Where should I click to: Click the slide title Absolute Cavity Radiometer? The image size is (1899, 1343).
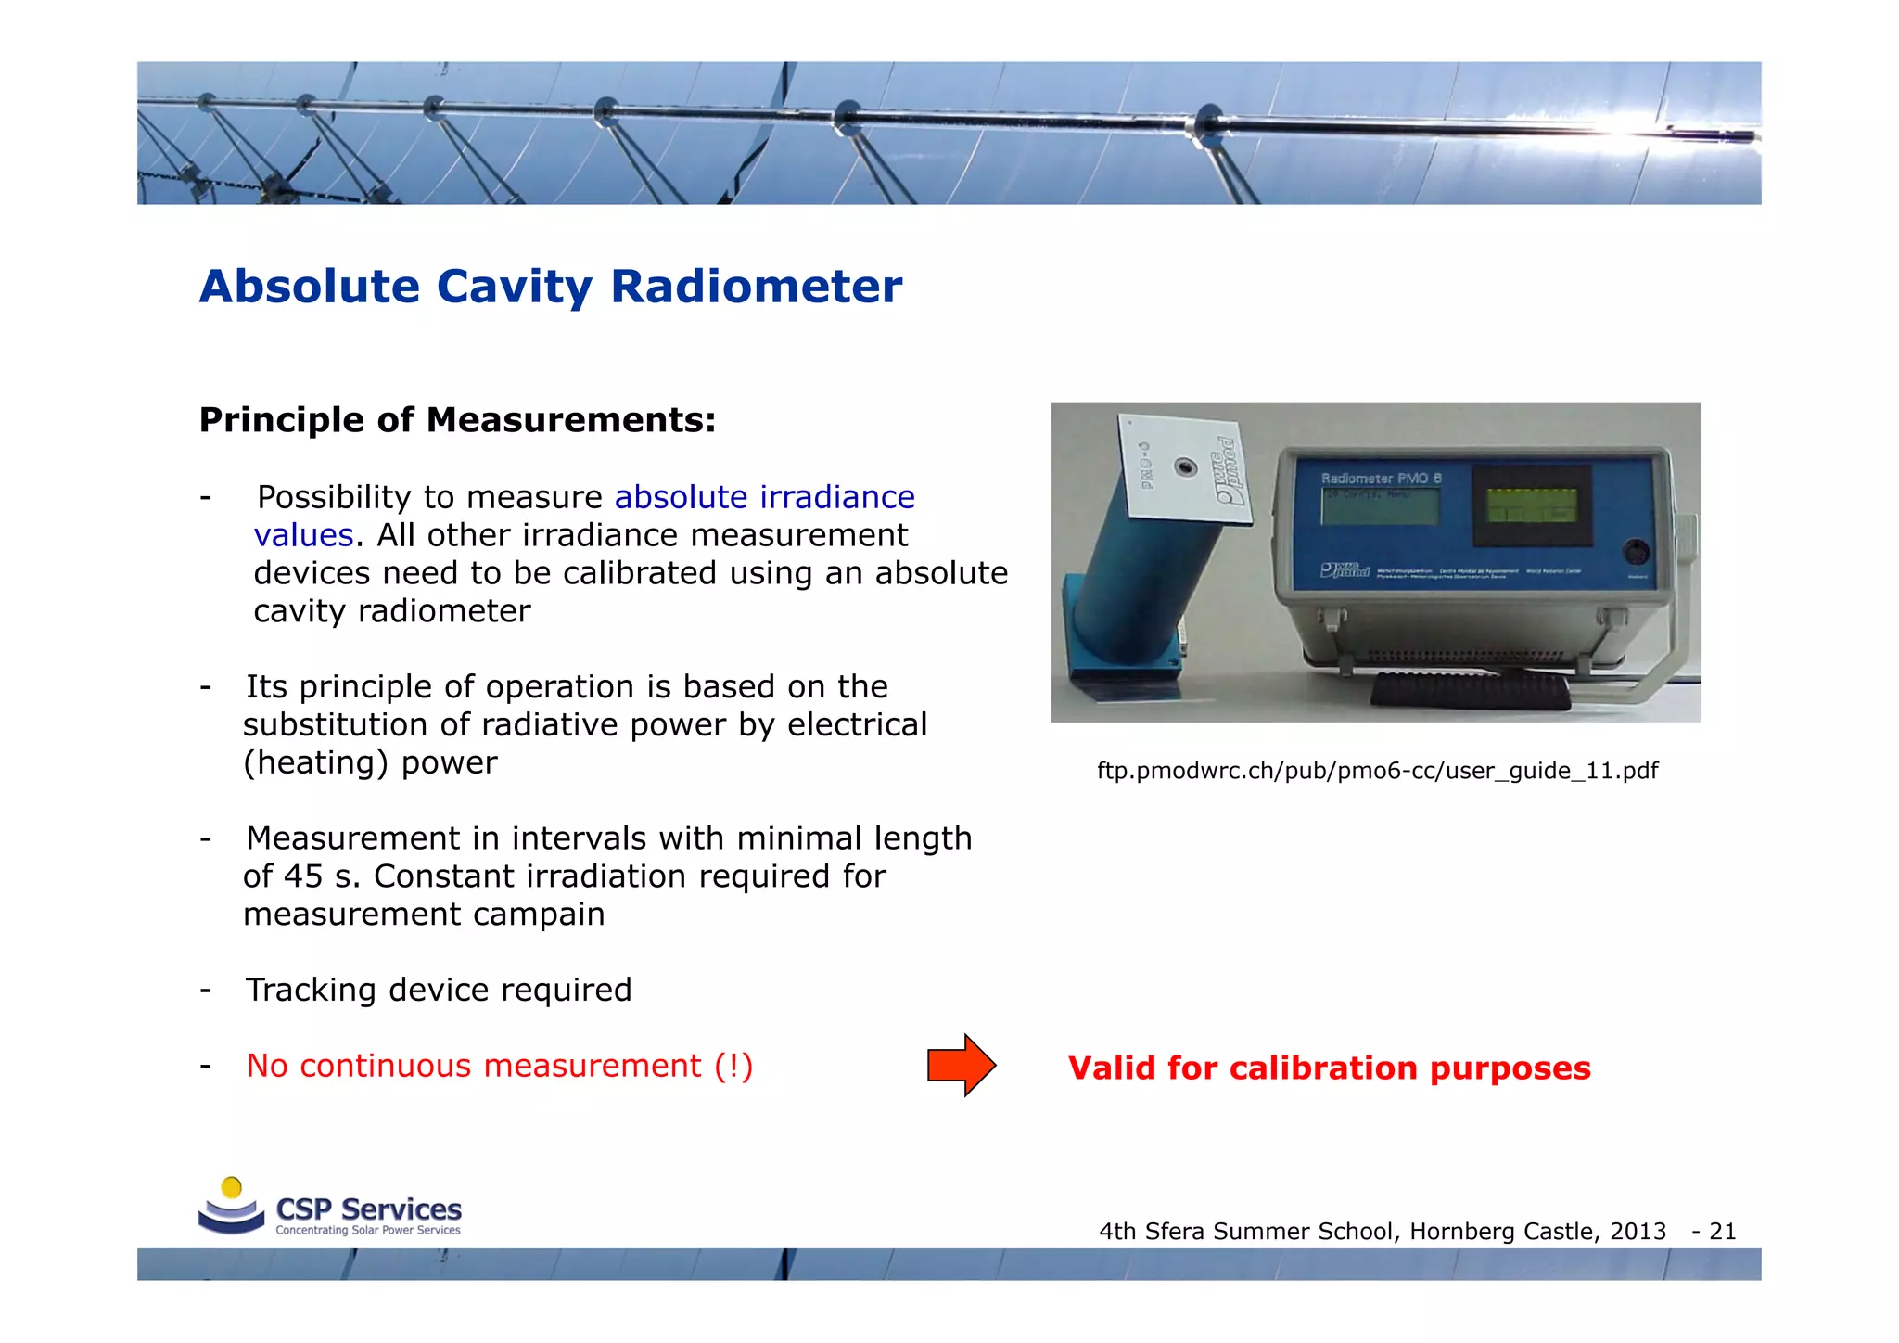[550, 287]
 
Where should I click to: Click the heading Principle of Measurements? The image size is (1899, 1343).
[457, 420]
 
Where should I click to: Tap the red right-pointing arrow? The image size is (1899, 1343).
[962, 1065]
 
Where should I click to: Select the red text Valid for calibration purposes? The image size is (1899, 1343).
[1329, 1068]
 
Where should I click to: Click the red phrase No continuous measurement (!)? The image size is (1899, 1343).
[499, 1066]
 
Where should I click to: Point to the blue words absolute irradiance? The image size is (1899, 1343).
[764, 497]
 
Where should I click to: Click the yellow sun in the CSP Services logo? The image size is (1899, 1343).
[232, 1187]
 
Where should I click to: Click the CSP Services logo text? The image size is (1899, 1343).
[368, 1209]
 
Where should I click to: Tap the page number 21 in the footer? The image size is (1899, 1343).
[1722, 1231]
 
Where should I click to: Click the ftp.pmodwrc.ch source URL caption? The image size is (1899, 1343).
[1377, 771]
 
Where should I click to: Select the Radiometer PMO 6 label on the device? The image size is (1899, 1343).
[1381, 479]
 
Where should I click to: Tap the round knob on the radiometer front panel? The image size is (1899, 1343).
[1636, 552]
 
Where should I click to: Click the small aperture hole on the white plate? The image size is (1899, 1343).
[1185, 467]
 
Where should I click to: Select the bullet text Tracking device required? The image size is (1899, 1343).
[439, 990]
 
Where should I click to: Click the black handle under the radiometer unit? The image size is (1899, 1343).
[1470, 692]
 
